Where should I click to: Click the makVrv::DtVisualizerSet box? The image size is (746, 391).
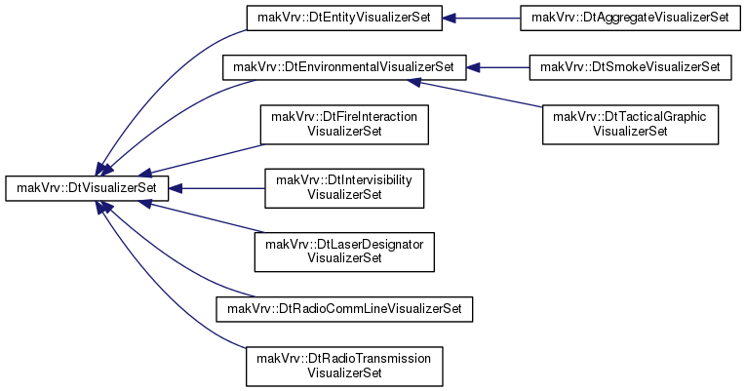pos(87,188)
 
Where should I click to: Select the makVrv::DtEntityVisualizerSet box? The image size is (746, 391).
pos(344,19)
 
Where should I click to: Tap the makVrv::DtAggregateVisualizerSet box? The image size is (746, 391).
pos(630,19)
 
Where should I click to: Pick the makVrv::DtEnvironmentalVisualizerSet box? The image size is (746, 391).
pos(344,67)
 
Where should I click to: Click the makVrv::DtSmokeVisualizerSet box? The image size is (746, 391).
pos(630,67)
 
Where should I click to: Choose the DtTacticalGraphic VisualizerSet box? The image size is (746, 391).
pos(630,125)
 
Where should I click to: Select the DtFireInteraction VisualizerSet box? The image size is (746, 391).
pos(344,125)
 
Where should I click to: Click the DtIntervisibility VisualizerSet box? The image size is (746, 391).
pos(344,188)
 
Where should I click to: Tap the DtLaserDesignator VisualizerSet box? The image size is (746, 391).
pos(344,253)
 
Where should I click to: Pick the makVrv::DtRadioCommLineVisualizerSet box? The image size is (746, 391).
pos(344,309)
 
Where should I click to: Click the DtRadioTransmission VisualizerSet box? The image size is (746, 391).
pos(344,367)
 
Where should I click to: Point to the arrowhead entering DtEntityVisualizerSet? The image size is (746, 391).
pos(450,19)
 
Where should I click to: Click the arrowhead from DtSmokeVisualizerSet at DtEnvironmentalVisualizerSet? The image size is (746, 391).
pos(473,67)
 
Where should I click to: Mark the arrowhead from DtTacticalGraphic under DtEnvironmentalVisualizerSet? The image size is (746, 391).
pos(414,82)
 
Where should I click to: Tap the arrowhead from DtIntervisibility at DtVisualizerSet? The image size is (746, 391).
pos(177,188)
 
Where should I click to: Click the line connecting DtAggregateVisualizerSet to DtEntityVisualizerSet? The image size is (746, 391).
pos(489,19)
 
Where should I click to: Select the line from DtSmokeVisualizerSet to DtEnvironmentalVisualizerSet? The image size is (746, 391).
pos(505,67)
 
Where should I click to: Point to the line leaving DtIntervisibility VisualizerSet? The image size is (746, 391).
pos(223,188)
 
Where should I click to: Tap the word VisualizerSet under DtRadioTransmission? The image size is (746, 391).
pos(344,372)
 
